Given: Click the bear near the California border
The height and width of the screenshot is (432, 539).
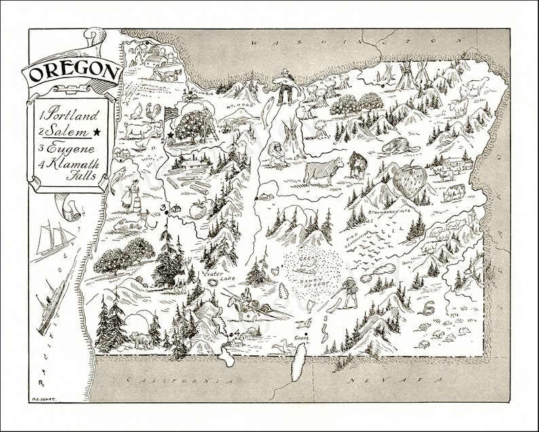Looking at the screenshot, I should (x=141, y=338).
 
